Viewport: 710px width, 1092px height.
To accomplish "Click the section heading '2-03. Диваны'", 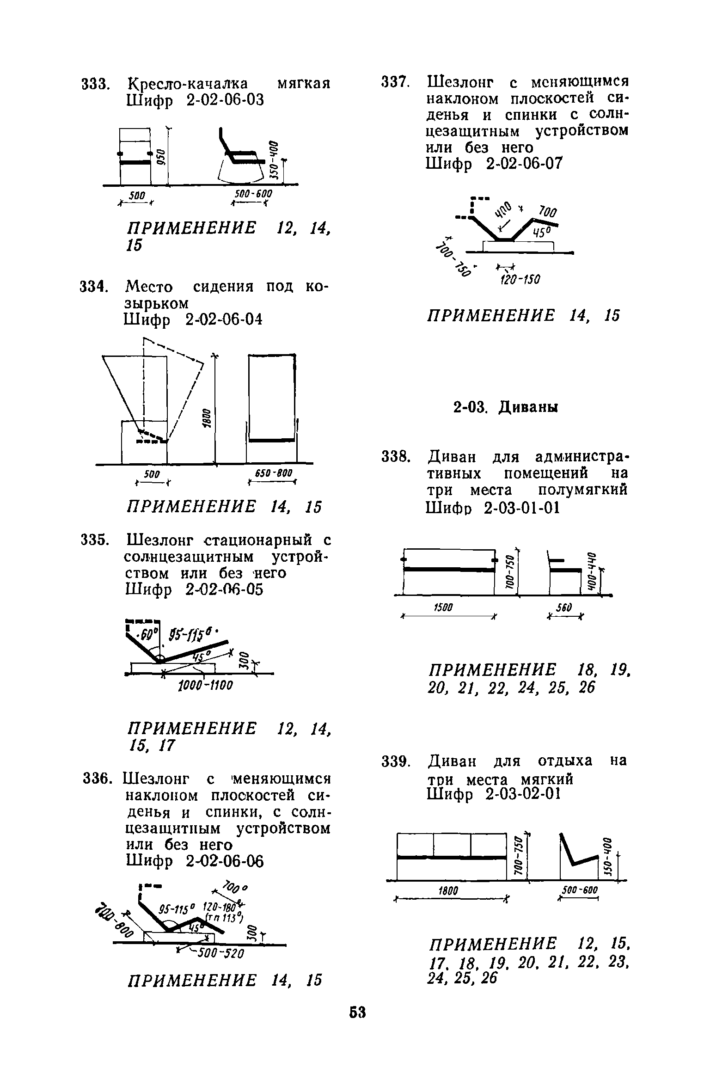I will click(x=505, y=407).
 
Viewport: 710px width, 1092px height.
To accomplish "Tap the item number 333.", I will click(x=95, y=84).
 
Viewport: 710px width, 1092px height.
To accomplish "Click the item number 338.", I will click(x=395, y=458).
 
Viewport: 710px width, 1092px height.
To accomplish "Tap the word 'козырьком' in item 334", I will click(x=157, y=303).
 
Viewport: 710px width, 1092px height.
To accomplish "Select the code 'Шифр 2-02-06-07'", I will click(x=494, y=164).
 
